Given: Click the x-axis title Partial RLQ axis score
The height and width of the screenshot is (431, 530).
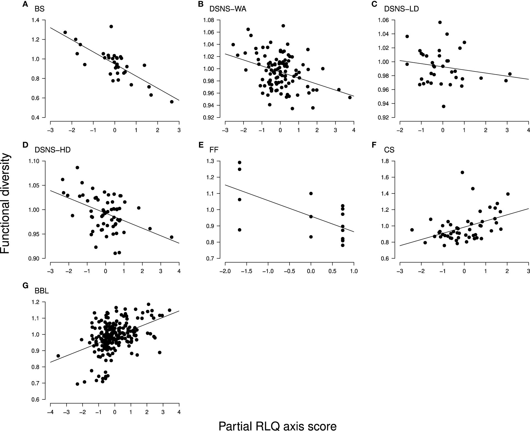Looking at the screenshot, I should [277, 419].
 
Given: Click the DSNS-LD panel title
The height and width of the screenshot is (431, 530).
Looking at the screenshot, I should [401, 9].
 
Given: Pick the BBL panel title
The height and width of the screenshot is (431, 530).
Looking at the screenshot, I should [42, 291].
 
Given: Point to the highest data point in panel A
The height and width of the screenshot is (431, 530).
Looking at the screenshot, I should [111, 26].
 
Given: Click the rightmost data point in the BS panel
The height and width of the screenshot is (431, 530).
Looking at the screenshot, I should [172, 102].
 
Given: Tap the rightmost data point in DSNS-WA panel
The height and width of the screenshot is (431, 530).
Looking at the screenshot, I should [350, 97].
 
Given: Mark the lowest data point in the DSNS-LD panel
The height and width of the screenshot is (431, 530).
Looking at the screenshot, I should [443, 106].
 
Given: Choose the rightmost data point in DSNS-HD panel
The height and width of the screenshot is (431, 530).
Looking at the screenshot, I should [171, 237].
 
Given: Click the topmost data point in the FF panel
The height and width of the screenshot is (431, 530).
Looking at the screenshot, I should [240, 162].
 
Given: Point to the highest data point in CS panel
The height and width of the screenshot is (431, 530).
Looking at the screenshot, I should [462, 172].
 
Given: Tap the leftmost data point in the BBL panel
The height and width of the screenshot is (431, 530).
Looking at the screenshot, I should [58, 356].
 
